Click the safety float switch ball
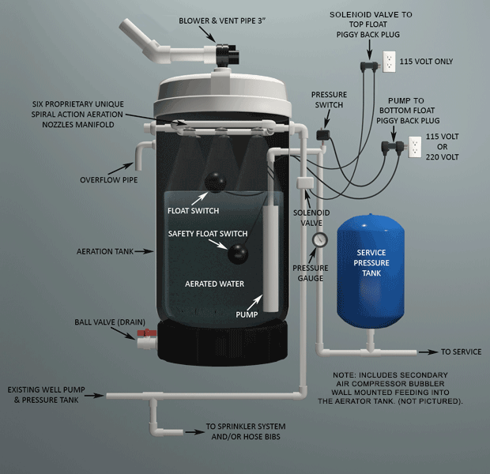[x=237, y=253]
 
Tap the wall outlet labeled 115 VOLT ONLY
[x=389, y=61]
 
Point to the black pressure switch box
[x=322, y=134]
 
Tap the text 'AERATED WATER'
[x=214, y=283]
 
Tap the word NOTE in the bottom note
[x=345, y=374]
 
